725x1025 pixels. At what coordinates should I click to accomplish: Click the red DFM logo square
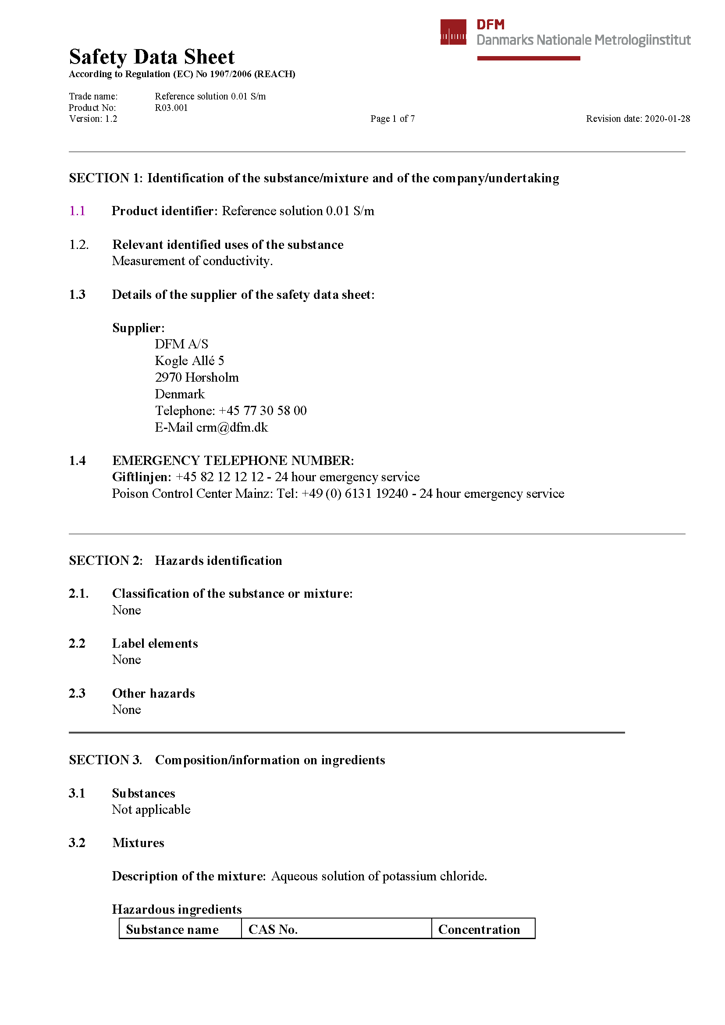click(453, 32)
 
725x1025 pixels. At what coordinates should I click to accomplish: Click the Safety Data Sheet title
click(151, 57)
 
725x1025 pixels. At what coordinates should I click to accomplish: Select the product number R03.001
click(171, 108)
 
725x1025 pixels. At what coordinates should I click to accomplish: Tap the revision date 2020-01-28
click(667, 119)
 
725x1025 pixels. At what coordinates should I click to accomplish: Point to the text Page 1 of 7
click(392, 119)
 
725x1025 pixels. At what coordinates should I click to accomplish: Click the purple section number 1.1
click(77, 211)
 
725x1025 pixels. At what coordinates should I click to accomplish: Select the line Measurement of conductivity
click(192, 261)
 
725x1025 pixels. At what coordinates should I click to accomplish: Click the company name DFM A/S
click(181, 344)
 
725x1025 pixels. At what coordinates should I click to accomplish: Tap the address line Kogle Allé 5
click(189, 361)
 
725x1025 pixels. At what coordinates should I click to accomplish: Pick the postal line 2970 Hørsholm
click(196, 378)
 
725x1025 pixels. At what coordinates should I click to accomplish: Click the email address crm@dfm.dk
click(232, 428)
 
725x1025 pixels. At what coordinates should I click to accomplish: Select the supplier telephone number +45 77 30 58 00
click(263, 411)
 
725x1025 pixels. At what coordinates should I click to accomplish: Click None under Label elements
click(126, 660)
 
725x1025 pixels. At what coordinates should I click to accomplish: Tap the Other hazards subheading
click(153, 693)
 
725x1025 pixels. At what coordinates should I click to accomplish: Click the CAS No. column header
click(273, 929)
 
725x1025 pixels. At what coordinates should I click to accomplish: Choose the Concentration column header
click(479, 929)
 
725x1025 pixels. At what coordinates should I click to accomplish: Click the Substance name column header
click(172, 929)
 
